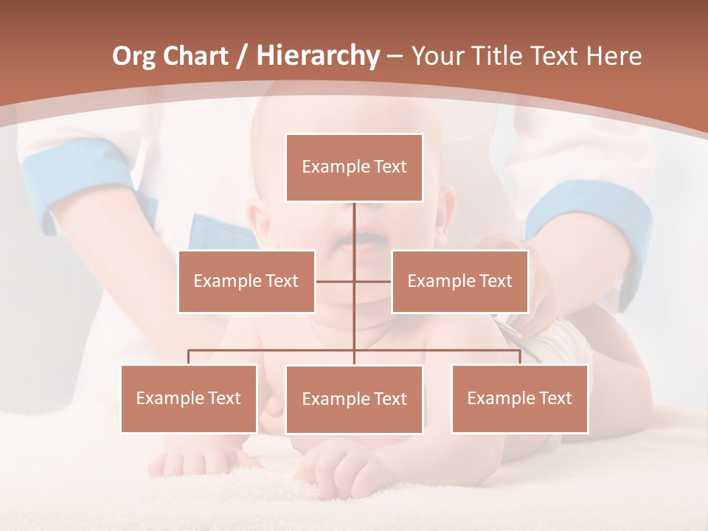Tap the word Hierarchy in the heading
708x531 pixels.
coord(318,56)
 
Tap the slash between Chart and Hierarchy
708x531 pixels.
coord(241,57)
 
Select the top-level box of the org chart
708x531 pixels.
coord(354,167)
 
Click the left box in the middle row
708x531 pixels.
coord(246,282)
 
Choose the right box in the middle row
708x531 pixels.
coord(459,282)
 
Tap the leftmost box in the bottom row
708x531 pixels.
coord(189,399)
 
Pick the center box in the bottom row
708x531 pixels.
coord(354,400)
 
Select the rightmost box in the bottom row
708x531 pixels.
coord(519,399)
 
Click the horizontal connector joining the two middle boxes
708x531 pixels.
coord(372,282)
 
